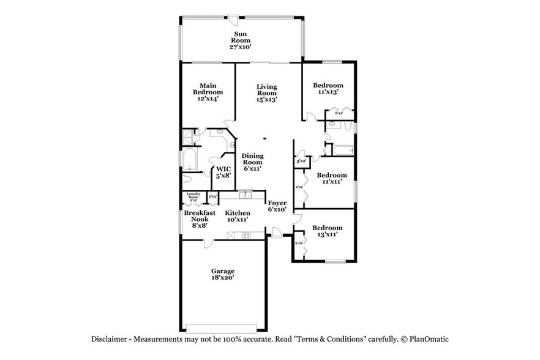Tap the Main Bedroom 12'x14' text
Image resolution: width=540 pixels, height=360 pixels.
point(208,92)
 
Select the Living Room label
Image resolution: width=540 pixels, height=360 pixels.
point(266,92)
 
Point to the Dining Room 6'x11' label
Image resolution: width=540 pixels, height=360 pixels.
point(252,162)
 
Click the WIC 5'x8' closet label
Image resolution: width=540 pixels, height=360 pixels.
point(223,173)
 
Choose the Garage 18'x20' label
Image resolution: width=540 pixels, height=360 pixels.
point(223,274)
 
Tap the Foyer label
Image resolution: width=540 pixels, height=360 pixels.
point(277,206)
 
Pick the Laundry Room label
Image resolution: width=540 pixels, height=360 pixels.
point(193,197)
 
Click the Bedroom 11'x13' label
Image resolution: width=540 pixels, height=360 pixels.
point(328,89)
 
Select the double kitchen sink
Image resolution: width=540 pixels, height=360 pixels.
point(245,195)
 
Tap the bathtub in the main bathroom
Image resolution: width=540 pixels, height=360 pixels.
point(190,161)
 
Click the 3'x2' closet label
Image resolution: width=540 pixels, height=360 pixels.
point(301,161)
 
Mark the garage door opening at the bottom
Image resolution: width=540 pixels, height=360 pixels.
point(222,325)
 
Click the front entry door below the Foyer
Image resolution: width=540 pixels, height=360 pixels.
point(277,233)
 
